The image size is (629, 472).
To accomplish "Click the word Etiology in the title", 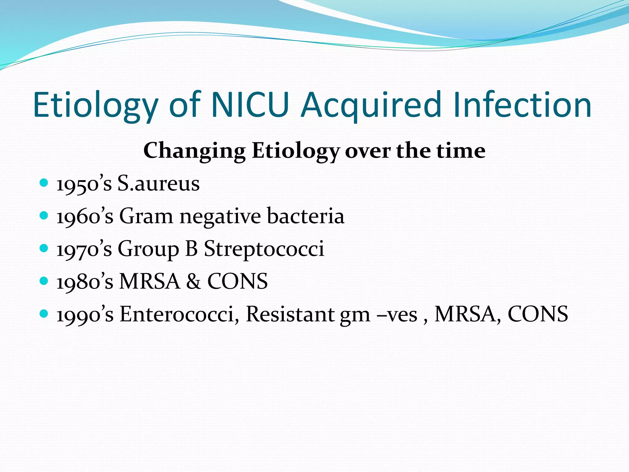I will point(95,105).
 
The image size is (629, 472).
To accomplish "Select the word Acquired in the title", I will point(371,105).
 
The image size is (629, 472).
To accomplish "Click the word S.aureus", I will point(158,184).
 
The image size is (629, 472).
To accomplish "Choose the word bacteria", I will point(306,216).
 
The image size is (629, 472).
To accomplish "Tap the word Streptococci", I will point(264,249).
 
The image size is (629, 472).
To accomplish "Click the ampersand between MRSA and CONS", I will point(193,281).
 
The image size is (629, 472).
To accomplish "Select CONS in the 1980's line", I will point(237,281).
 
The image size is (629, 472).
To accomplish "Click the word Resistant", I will point(290,314).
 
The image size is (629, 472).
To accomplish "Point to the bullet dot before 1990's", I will point(44,314).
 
